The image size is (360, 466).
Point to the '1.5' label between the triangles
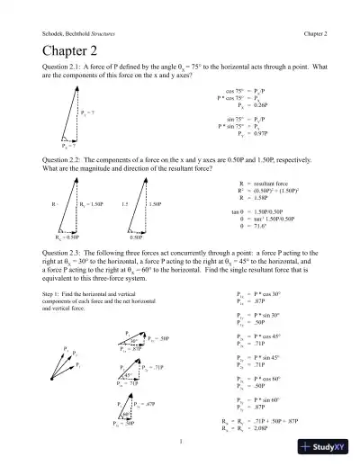[x=125, y=205]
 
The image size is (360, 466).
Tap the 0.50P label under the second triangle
[x=136, y=237]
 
